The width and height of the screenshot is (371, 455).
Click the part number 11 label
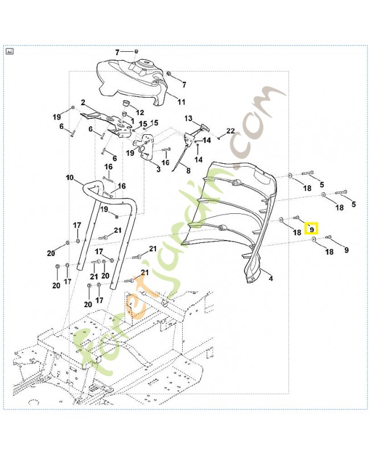coord(182,102)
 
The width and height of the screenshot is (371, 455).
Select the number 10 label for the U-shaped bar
coord(69,178)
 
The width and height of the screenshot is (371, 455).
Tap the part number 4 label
coord(270,279)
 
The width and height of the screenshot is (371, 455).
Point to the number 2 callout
coord(83,103)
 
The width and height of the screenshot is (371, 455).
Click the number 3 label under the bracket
coord(158,169)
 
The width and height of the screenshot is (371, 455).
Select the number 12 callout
coord(140,112)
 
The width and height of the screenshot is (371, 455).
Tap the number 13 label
coord(188,118)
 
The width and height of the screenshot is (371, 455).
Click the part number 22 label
coord(230,131)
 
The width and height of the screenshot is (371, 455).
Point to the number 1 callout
coord(133,121)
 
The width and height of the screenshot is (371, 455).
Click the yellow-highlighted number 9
coord(311,229)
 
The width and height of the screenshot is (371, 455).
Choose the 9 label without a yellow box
coord(347,250)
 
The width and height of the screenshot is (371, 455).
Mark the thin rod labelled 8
coord(181,160)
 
